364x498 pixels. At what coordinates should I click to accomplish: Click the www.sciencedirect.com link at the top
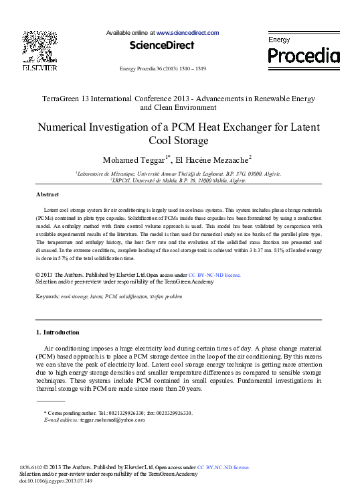point(188,32)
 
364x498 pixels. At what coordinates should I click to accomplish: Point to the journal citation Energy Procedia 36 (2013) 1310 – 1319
point(162,68)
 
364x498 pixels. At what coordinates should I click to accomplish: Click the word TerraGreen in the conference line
point(64,99)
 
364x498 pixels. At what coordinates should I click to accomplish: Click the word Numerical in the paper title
point(66,127)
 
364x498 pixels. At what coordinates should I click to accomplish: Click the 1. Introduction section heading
point(57,332)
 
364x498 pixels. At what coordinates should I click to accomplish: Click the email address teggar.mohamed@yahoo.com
point(112,420)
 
